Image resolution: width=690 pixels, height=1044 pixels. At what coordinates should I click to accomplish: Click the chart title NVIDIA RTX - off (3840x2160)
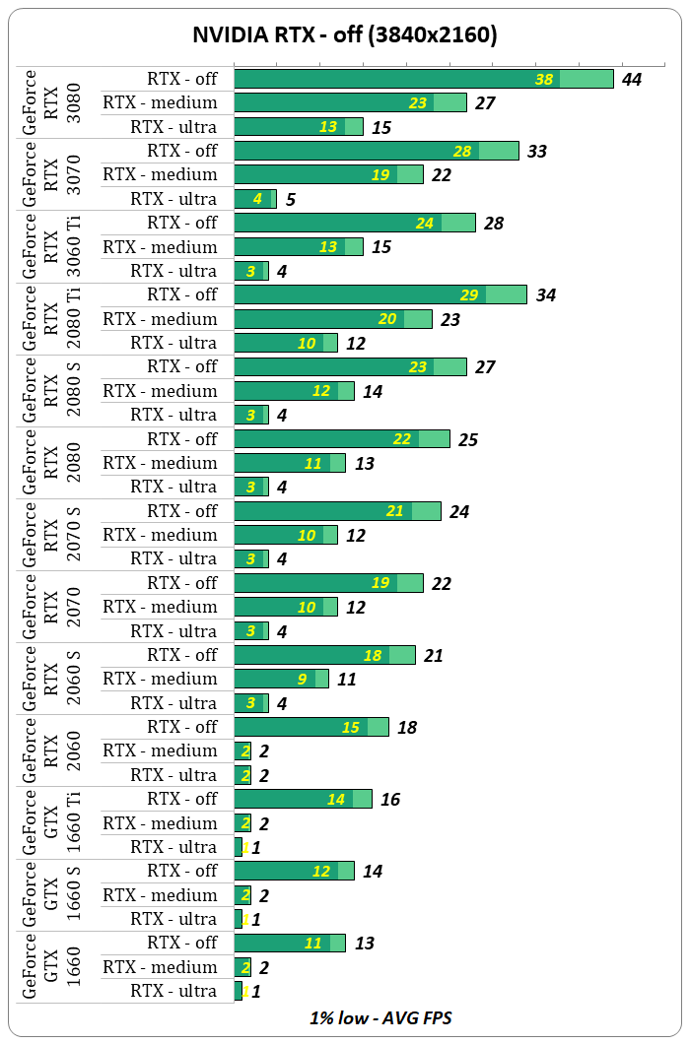(x=344, y=35)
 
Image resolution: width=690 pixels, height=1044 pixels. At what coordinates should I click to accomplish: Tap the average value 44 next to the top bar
(x=631, y=79)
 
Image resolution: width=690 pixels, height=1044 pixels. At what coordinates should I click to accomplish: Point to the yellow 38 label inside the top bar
(x=544, y=79)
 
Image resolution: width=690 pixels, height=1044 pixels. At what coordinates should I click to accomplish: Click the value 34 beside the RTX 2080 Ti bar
(x=545, y=295)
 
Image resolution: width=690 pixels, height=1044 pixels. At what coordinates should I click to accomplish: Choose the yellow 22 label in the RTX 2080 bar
(x=402, y=439)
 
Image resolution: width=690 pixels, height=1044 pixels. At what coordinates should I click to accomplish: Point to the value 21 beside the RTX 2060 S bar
(x=433, y=656)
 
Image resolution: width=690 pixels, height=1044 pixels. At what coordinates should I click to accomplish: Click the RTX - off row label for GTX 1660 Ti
(x=182, y=799)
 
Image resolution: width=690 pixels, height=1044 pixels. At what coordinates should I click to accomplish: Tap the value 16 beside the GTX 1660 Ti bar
(x=390, y=800)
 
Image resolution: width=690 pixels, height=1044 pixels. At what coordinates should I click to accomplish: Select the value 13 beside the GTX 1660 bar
(x=364, y=944)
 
